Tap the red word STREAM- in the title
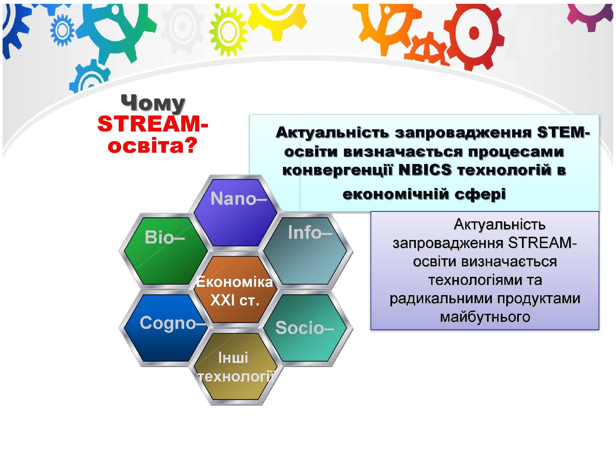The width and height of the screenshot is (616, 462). pyautogui.click(x=153, y=124)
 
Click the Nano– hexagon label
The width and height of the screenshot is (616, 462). pyautogui.click(x=238, y=198)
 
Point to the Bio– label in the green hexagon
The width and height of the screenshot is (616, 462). pyautogui.click(x=165, y=237)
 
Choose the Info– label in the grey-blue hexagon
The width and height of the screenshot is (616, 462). pyautogui.click(x=310, y=232)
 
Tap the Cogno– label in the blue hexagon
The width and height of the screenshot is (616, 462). pyautogui.click(x=173, y=323)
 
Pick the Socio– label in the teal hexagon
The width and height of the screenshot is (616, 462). pyautogui.click(x=305, y=328)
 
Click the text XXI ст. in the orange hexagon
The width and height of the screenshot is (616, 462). pyautogui.click(x=235, y=300)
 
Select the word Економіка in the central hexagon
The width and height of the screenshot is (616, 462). pyautogui.click(x=235, y=282)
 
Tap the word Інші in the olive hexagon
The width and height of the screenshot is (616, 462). pyautogui.click(x=233, y=358)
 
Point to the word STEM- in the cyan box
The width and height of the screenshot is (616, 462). pyautogui.click(x=564, y=132)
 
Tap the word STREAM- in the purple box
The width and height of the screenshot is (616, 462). pyautogui.click(x=543, y=243)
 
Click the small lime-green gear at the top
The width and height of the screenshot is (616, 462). pyautogui.click(x=228, y=31)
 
